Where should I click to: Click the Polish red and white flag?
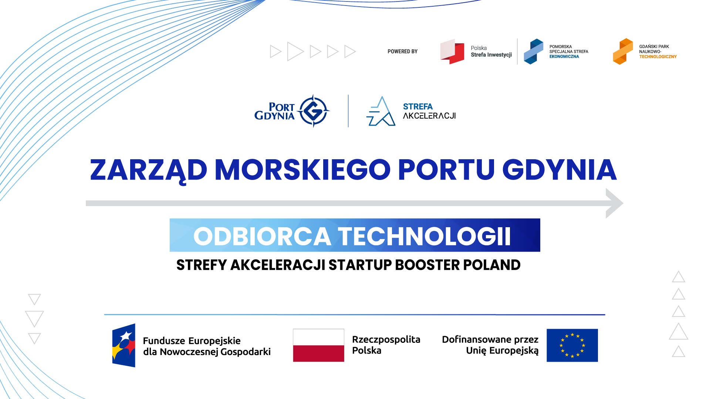(x=318, y=345)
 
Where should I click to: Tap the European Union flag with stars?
(x=572, y=345)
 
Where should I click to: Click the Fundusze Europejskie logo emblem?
(x=124, y=345)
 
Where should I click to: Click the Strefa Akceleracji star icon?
(x=381, y=111)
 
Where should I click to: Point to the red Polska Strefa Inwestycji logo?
(x=452, y=51)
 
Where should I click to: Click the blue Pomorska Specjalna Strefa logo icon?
(x=534, y=51)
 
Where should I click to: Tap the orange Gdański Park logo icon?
(x=623, y=51)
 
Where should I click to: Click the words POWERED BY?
(x=402, y=51)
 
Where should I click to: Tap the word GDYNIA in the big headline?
(x=559, y=170)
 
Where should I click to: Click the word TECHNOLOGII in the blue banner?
(x=424, y=236)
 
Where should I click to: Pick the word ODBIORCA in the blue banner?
(x=262, y=236)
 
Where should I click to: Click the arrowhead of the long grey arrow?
(x=614, y=203)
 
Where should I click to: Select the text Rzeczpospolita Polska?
(x=386, y=345)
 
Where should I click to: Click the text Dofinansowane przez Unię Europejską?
(x=490, y=345)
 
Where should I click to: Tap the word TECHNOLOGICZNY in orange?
(x=658, y=57)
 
